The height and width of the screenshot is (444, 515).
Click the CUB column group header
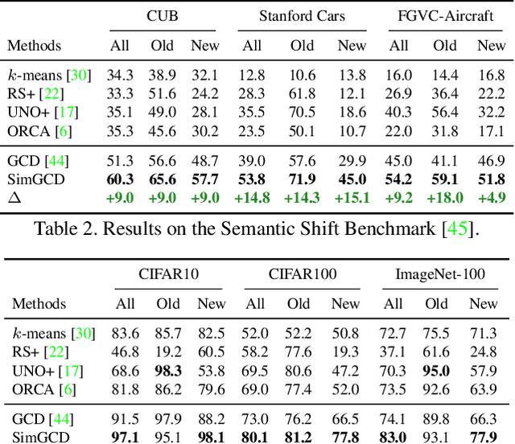163,16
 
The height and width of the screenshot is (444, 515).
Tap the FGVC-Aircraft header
446,16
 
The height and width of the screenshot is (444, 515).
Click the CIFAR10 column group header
167,276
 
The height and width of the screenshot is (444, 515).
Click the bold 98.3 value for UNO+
167,371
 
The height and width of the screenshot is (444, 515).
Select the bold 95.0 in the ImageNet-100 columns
437,371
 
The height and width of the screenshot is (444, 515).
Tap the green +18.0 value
444,197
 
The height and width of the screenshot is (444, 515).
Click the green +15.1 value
352,197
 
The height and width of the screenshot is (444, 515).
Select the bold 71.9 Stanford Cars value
303,179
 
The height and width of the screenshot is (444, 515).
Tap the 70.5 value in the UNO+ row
302,113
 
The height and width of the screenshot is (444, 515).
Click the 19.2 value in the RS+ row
167,352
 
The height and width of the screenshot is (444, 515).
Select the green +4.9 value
491,197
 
